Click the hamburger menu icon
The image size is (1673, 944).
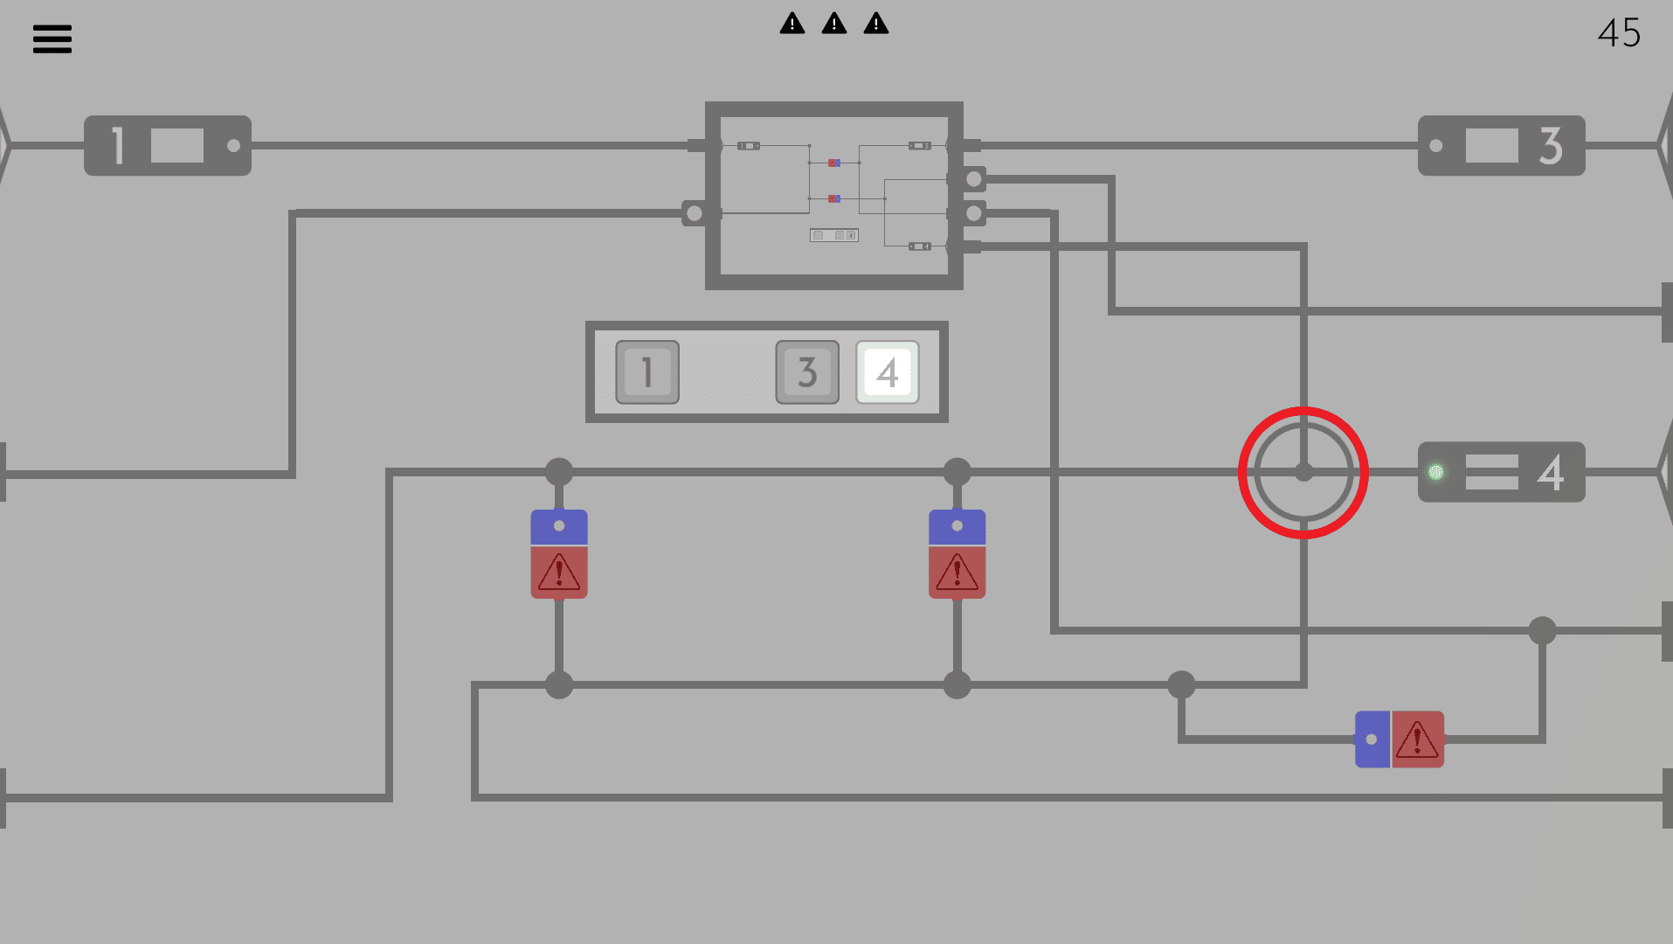tap(52, 38)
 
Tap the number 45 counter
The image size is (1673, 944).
tap(1619, 33)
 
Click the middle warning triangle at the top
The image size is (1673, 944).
tap(834, 24)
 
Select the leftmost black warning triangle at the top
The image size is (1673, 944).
tap(792, 24)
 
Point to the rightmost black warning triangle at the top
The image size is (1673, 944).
tap(875, 24)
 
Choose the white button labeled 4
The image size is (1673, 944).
tap(887, 372)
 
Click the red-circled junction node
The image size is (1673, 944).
tap(1303, 473)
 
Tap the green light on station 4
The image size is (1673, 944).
tap(1435, 473)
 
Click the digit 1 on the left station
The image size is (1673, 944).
tap(118, 145)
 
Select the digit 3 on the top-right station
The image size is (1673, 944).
tap(1551, 145)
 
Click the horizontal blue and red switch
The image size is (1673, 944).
tap(1399, 739)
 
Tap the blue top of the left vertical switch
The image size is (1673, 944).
tap(559, 527)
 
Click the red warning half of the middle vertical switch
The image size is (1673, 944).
tap(957, 573)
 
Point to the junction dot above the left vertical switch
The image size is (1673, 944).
tap(559, 472)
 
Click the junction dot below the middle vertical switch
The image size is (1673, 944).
tap(957, 684)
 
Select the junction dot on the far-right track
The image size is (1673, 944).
tap(1542, 630)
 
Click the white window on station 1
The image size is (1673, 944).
tap(177, 145)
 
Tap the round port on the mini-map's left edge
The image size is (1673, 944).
tap(695, 212)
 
